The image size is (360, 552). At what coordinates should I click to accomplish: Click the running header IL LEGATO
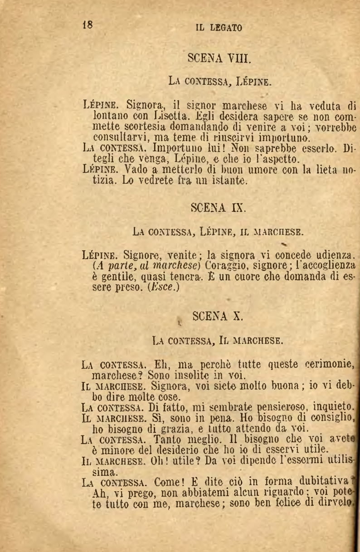pos(219,28)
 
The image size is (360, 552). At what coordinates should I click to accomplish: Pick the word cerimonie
pos(330,364)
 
